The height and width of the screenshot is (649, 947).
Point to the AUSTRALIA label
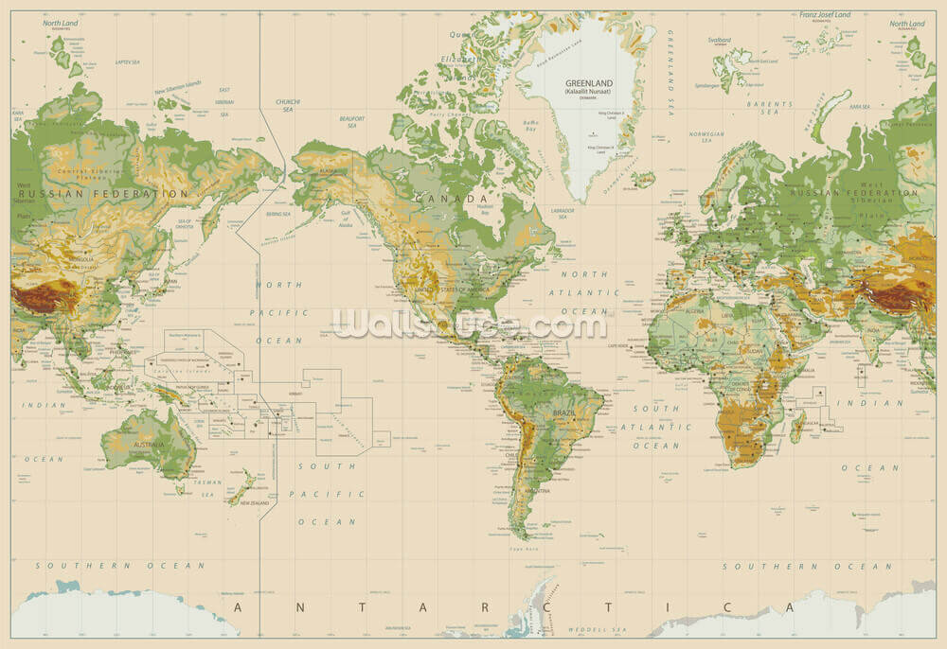149,445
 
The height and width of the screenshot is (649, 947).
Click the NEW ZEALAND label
255,503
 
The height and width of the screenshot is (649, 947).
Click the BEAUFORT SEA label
351,121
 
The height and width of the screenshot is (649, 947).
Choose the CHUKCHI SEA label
288,105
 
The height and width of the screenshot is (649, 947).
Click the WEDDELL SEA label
598,629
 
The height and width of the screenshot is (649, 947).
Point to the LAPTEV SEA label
128,61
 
